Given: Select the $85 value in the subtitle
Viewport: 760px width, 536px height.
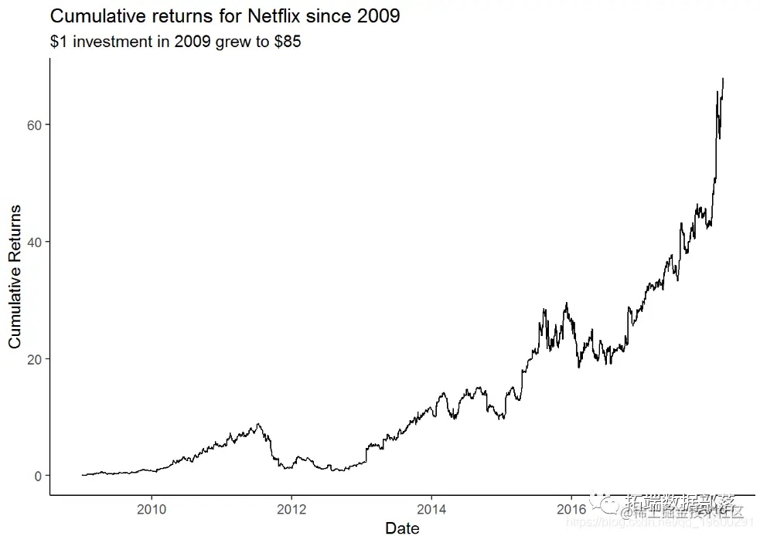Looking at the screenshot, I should pos(288,42).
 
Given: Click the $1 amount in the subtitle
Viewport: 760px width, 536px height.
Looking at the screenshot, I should pos(59,42).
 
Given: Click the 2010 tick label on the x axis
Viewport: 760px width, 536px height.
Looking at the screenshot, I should pos(152,509).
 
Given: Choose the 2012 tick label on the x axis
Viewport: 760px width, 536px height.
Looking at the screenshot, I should pos(291,509).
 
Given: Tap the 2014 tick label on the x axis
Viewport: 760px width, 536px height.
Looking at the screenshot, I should pos(431,509).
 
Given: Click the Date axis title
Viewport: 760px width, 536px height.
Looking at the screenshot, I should pos(402,528).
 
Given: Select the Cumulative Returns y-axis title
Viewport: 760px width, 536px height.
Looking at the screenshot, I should pos(15,276).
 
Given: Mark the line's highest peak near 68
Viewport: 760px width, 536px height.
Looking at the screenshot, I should pos(723,79).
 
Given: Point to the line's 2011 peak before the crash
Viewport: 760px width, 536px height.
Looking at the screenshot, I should pos(258,424).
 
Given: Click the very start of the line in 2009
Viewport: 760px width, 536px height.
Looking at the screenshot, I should pos(82,475).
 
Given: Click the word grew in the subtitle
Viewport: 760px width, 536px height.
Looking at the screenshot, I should pos(233,42).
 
